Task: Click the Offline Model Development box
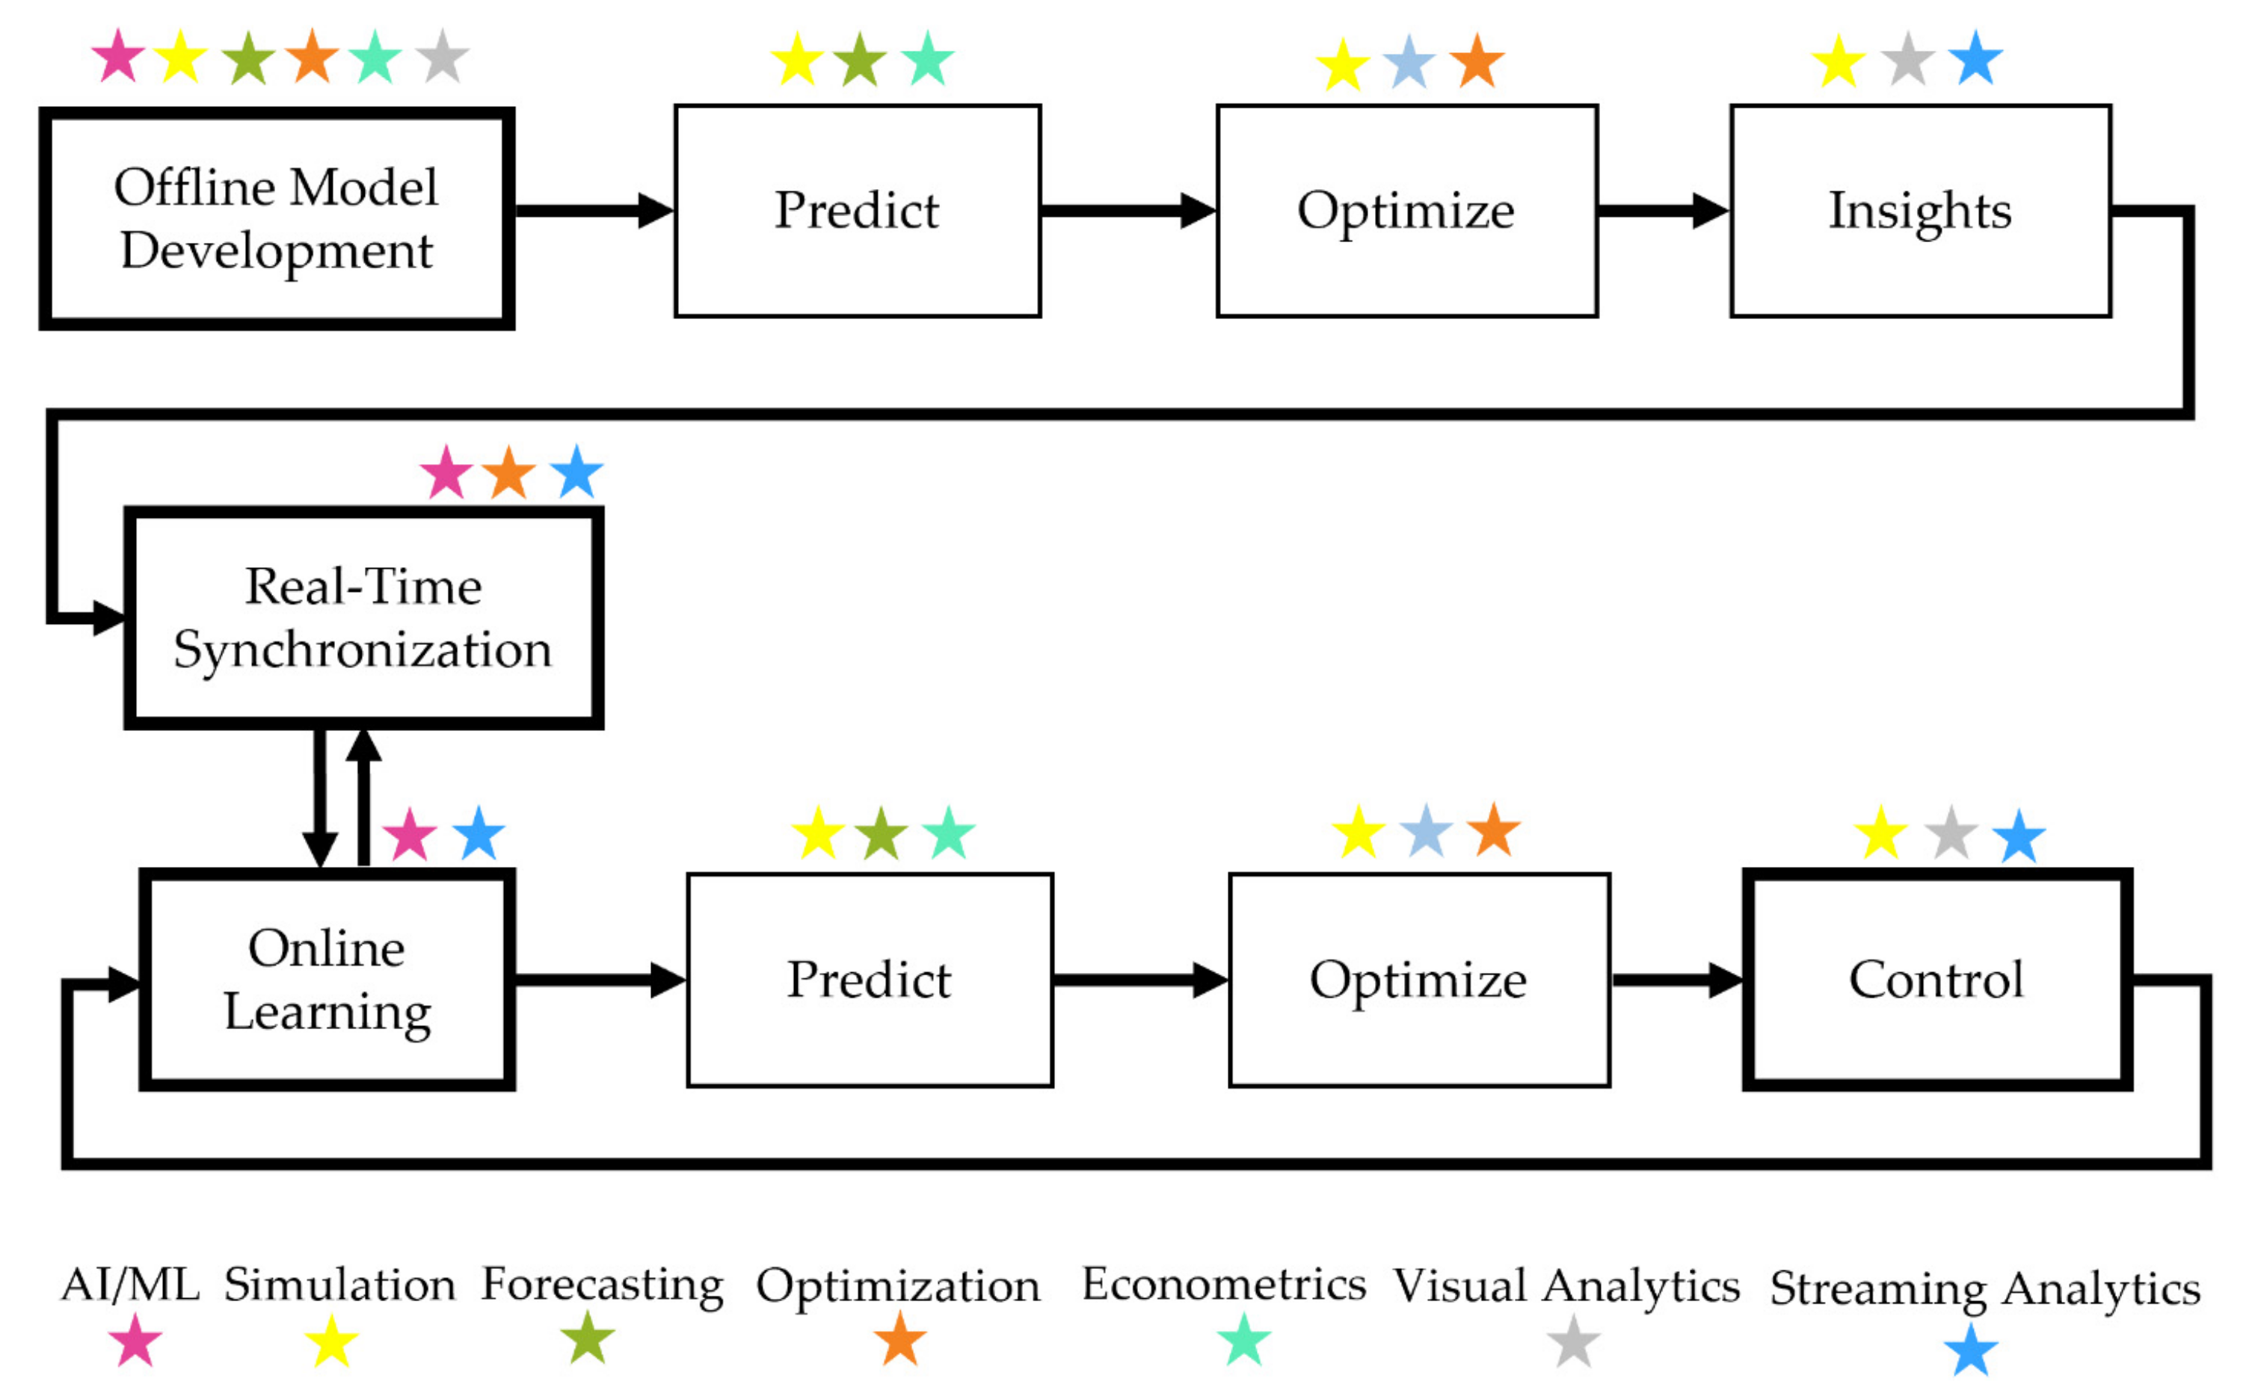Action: [277, 219]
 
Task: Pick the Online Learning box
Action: [327, 980]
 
